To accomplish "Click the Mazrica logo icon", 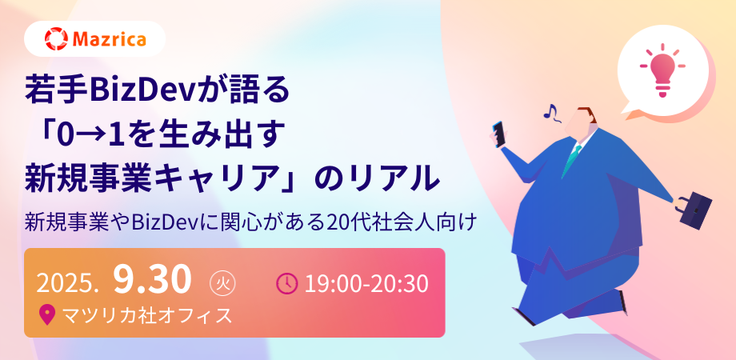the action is click(x=56, y=39).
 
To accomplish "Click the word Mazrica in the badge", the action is click(x=110, y=39).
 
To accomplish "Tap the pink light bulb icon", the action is click(x=662, y=70).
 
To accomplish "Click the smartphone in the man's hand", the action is click(x=499, y=134).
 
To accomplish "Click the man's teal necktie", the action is click(x=572, y=158).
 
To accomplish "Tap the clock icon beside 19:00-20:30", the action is click(x=286, y=283).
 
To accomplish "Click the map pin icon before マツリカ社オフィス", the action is click(x=47, y=315).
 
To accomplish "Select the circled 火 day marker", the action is click(x=222, y=284).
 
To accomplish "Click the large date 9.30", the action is click(x=153, y=280).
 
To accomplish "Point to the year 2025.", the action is click(x=67, y=283).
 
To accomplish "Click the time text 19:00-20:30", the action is click(x=366, y=283).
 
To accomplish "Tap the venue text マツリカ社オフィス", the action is click(x=147, y=315).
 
